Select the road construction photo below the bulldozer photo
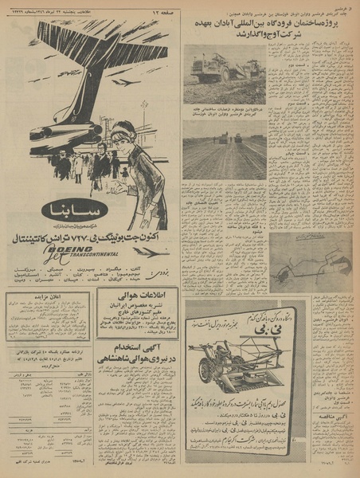coord(224,150)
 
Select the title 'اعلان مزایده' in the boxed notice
coord(49,298)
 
